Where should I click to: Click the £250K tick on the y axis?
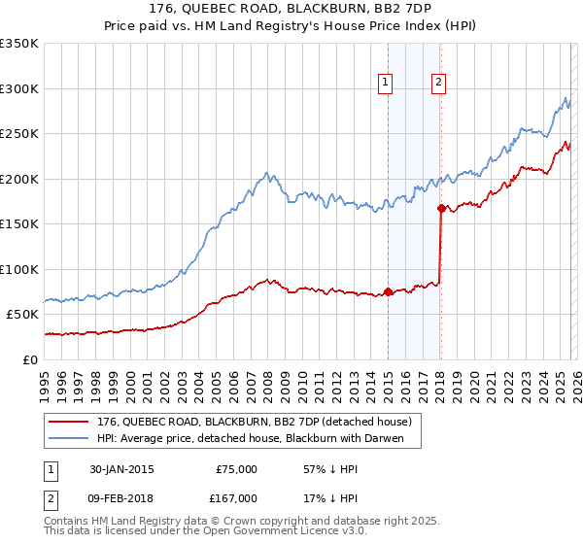(x=19, y=134)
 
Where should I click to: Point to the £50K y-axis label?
(x=22, y=315)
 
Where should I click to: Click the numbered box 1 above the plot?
(x=386, y=84)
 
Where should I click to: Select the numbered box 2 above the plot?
(x=439, y=84)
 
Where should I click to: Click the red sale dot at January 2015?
(x=388, y=291)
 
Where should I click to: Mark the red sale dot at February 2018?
(x=441, y=208)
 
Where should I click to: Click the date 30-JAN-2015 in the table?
(x=121, y=469)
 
